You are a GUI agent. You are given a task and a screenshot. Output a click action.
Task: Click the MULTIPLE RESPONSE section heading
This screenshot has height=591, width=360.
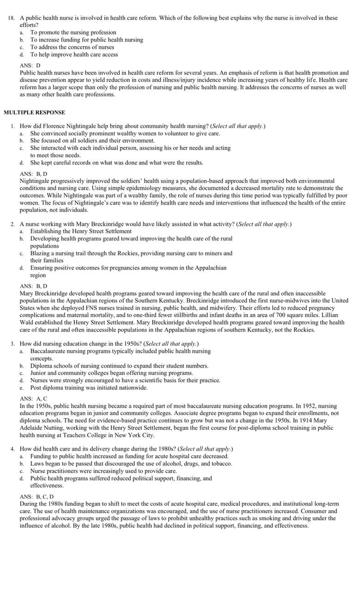point(34,112)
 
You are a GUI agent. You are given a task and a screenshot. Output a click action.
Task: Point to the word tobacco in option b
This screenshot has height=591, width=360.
point(220,463)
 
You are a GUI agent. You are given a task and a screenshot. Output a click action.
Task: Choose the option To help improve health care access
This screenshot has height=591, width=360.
point(74,54)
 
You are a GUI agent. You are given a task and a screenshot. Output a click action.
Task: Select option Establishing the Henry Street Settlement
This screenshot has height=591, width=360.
point(81,231)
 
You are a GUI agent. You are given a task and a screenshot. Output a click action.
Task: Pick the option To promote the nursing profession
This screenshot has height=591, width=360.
point(73,32)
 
